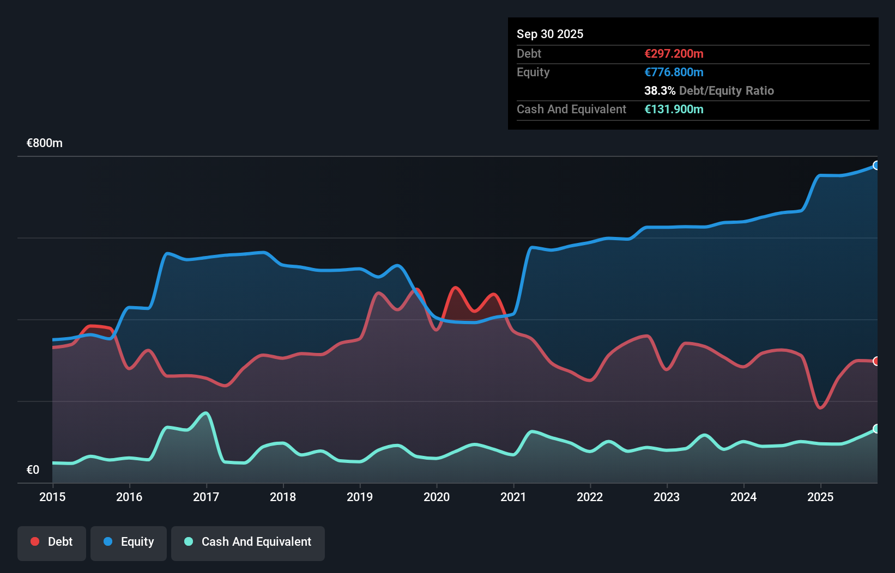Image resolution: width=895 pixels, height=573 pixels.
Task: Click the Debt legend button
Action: (51, 542)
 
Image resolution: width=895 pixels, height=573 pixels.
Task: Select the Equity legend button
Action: (129, 542)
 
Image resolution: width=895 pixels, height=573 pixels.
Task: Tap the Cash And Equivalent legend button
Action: (248, 542)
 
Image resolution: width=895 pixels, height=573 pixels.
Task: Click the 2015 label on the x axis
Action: (52, 497)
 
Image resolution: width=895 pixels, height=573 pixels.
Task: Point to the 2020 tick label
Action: (437, 497)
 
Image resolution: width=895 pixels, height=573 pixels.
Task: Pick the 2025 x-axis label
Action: (820, 497)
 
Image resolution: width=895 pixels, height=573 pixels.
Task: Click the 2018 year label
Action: (283, 497)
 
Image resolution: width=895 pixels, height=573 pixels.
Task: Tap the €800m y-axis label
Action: (45, 143)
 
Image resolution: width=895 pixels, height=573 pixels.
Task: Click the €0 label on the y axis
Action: (33, 470)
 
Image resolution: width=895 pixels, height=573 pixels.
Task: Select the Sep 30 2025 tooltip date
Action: (550, 34)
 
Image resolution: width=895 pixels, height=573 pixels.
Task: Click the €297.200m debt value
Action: (674, 54)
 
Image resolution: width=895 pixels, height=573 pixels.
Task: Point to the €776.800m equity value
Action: (674, 72)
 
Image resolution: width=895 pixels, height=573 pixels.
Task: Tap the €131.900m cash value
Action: (674, 109)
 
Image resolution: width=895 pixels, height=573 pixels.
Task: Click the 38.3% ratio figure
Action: (660, 91)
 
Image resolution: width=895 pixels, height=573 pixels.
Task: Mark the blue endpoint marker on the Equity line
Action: (876, 166)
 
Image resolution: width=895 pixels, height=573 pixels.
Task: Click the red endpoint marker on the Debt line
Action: (876, 361)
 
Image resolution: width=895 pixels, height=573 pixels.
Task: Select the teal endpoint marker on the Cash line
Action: (876, 429)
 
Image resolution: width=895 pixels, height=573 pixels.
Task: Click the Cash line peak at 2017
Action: (206, 413)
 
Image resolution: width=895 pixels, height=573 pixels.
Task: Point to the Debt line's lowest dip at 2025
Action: (820, 407)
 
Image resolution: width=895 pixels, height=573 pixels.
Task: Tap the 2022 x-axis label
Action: (590, 497)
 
